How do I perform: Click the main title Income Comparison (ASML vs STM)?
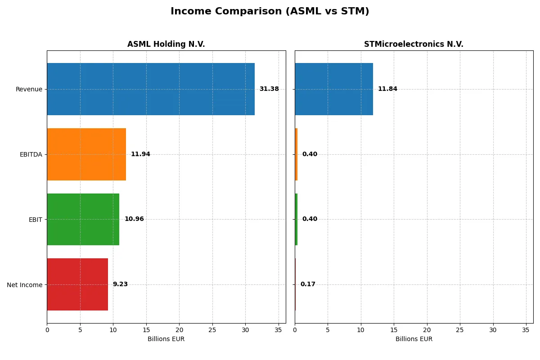tap(270, 12)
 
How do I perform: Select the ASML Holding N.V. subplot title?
tap(166, 44)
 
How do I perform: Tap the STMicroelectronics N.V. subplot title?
tap(414, 44)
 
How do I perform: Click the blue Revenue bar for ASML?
tap(150, 89)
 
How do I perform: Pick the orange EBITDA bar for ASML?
tap(86, 154)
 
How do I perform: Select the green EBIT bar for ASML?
tap(83, 219)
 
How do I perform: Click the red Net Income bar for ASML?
tap(77, 284)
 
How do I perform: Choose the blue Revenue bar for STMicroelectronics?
tap(333, 89)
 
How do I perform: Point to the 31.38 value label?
tap(269, 89)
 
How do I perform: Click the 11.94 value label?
tap(140, 154)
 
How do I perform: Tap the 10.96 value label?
tap(134, 219)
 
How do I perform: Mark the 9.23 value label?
tap(120, 284)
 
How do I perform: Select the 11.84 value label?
tap(387, 89)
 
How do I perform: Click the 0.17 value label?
tap(308, 284)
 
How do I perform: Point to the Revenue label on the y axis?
tap(29, 89)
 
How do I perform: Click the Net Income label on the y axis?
tap(25, 285)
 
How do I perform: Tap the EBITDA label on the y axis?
tap(31, 154)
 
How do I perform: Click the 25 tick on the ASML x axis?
tap(212, 330)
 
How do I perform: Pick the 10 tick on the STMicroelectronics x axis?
tap(361, 330)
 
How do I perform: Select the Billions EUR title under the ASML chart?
tap(166, 339)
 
